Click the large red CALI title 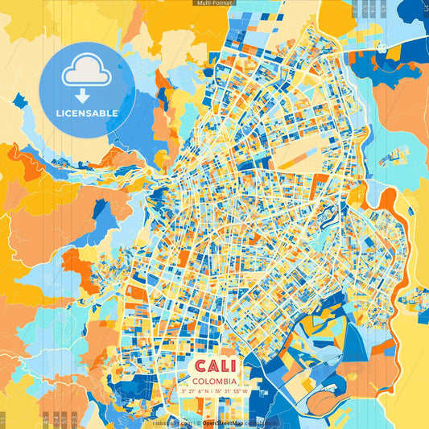[x=213, y=365]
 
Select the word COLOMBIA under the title [x=214, y=380]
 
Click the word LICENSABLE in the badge [x=87, y=113]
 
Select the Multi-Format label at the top [x=214, y=3]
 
